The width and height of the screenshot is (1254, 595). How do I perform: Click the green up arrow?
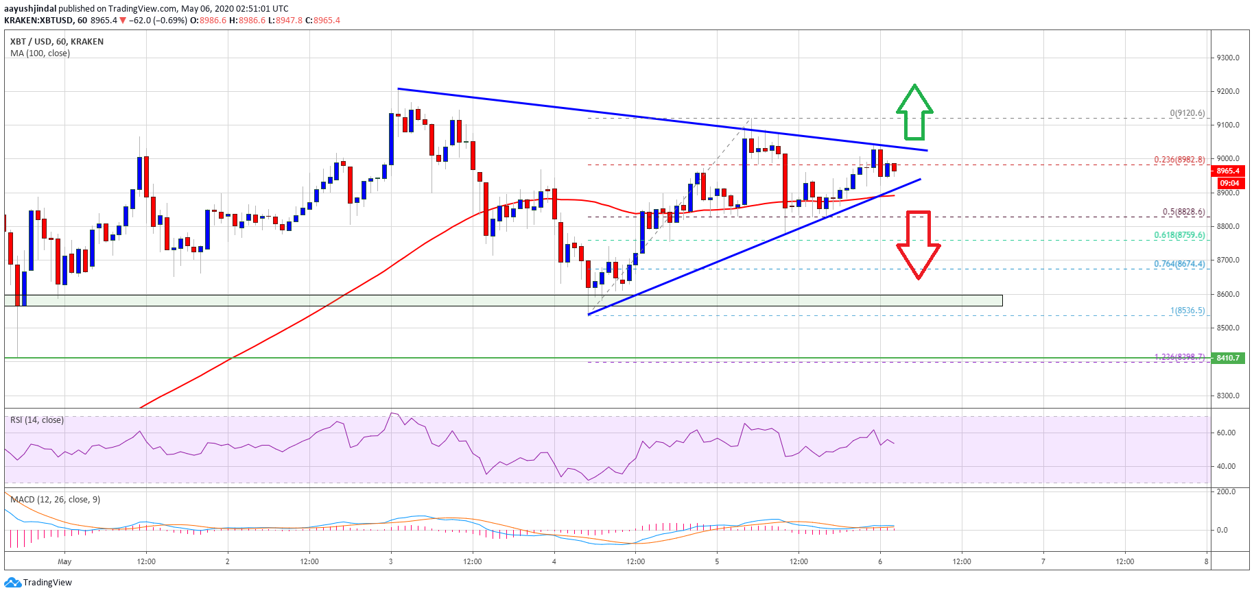[914, 112]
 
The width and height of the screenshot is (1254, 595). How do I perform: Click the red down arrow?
[919, 244]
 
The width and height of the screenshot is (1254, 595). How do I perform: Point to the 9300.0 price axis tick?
[1227, 58]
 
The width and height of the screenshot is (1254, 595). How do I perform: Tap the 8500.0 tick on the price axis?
[1227, 328]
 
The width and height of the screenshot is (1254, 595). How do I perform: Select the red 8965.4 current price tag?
[1228, 171]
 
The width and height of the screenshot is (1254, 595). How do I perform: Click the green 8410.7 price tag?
[1228, 358]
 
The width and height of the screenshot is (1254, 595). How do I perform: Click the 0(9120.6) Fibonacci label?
[1187, 113]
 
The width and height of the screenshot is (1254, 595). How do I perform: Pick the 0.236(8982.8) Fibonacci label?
[1179, 160]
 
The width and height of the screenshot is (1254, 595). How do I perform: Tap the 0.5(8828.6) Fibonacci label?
[1183, 212]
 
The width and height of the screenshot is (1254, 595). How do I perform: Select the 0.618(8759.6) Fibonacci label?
[1179, 235]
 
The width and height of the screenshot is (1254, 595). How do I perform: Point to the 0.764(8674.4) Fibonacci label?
[1179, 264]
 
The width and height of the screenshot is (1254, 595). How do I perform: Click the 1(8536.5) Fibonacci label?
[1187, 311]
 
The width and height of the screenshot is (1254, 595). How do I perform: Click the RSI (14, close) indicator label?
[37, 420]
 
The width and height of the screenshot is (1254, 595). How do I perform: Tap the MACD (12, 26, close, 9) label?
[55, 500]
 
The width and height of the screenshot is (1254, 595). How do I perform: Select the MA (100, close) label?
[40, 53]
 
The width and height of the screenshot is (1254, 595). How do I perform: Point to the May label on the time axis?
[64, 561]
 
